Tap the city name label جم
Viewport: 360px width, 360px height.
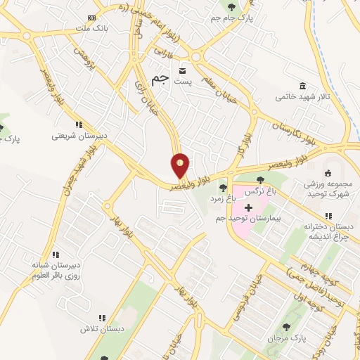pyautogui.click(x=161, y=78)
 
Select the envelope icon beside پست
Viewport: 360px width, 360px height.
pyautogui.click(x=183, y=72)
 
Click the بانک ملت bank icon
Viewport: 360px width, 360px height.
pyautogui.click(x=91, y=18)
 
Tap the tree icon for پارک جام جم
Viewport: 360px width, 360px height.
pyautogui.click(x=229, y=8)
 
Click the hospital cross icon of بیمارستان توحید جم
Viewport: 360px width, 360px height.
pyautogui.click(x=247, y=208)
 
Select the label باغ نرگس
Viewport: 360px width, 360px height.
pyautogui.click(x=259, y=191)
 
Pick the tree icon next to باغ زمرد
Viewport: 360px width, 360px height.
pyautogui.click(x=223, y=188)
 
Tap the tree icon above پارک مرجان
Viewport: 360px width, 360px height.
pyautogui.click(x=286, y=327)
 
